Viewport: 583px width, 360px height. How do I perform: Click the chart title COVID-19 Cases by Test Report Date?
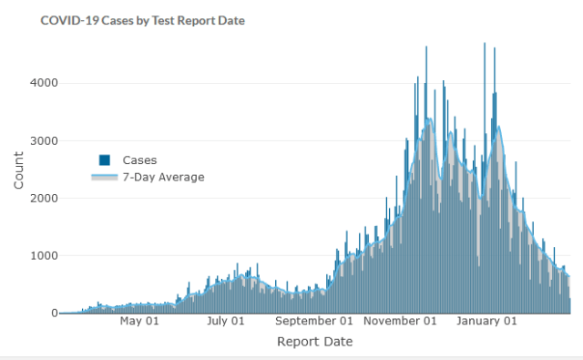point(143,19)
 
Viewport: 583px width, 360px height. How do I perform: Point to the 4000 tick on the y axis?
point(46,83)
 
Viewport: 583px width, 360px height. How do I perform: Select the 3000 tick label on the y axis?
point(46,140)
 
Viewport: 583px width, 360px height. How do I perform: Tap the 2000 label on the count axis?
point(46,198)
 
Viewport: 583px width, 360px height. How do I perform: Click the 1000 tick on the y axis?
point(46,255)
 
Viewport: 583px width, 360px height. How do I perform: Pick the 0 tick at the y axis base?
point(54,313)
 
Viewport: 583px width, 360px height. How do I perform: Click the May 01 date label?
point(139,321)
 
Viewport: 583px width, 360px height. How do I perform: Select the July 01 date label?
point(226,321)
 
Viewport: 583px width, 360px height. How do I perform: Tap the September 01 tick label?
point(314,321)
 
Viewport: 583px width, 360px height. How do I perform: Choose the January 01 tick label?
point(486,321)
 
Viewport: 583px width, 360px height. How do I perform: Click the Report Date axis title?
point(314,342)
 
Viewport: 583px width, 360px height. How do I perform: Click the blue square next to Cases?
point(105,159)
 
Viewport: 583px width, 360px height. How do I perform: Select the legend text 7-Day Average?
point(163,177)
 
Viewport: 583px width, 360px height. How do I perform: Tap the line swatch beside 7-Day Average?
point(105,177)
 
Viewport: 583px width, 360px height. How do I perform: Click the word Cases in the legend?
point(139,159)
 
